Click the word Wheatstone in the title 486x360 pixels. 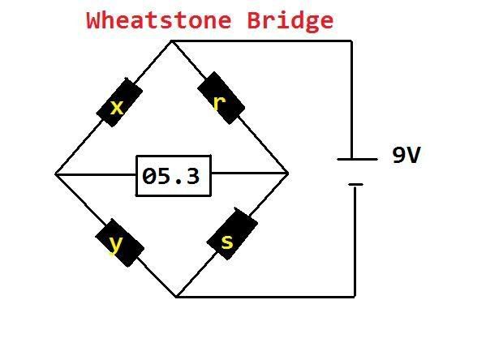click(159, 20)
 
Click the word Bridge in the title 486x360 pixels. click(290, 21)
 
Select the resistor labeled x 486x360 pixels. click(119, 102)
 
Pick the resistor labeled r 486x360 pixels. click(221, 98)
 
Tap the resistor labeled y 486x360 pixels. click(119, 242)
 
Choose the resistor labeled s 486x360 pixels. click(232, 234)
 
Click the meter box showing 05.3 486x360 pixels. click(174, 176)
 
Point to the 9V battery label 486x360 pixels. click(406, 155)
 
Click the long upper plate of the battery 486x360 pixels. click(357, 159)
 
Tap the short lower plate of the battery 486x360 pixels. click(355, 185)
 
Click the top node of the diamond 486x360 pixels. click(171, 41)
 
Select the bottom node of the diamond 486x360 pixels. click(176, 297)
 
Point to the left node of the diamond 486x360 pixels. click(55, 174)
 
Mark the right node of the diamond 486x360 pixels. click(288, 174)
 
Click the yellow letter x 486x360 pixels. click(117, 108)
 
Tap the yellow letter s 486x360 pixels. click(227, 242)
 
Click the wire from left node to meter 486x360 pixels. click(96, 174)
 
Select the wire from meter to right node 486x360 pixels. click(250, 174)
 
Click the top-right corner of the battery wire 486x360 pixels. click(352, 41)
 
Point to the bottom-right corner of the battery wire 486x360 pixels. click(355, 297)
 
